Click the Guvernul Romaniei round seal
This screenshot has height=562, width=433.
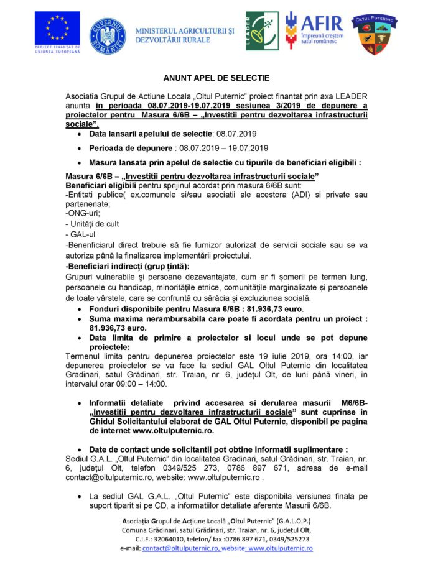108,35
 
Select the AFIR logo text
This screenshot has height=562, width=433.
322,23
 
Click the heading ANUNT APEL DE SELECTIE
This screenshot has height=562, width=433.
216,78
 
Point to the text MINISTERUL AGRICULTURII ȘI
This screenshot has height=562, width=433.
185,29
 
